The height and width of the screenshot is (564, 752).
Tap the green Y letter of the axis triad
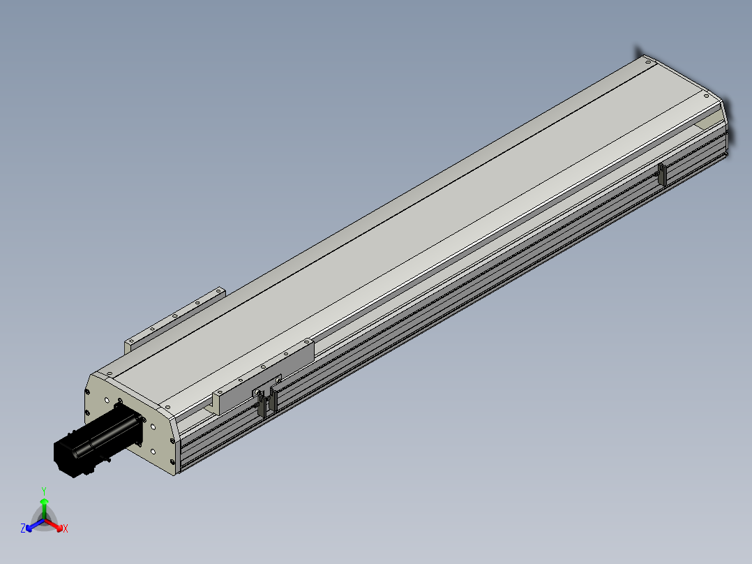pos(44,491)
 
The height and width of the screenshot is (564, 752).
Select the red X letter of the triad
pos(66,528)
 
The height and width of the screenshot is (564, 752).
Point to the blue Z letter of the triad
pos(23,528)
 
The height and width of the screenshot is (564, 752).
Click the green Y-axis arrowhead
pos(44,502)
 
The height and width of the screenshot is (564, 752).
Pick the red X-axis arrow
pos(54,524)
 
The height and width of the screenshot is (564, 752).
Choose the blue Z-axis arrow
pos(35,525)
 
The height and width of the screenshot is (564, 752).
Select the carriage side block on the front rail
pos(263,376)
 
